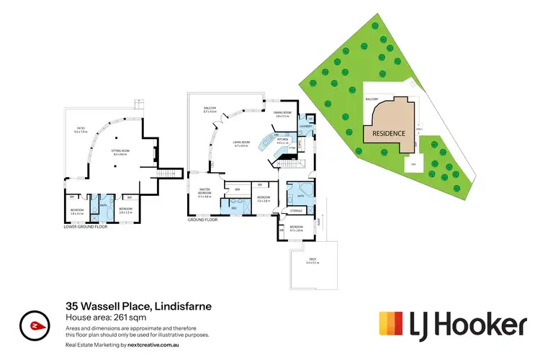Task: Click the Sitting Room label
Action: [119, 153]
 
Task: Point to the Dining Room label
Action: [282, 113]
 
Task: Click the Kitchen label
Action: [282, 140]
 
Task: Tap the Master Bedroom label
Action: [204, 194]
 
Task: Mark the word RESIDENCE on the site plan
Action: [389, 133]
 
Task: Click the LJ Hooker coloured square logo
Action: [392, 325]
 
